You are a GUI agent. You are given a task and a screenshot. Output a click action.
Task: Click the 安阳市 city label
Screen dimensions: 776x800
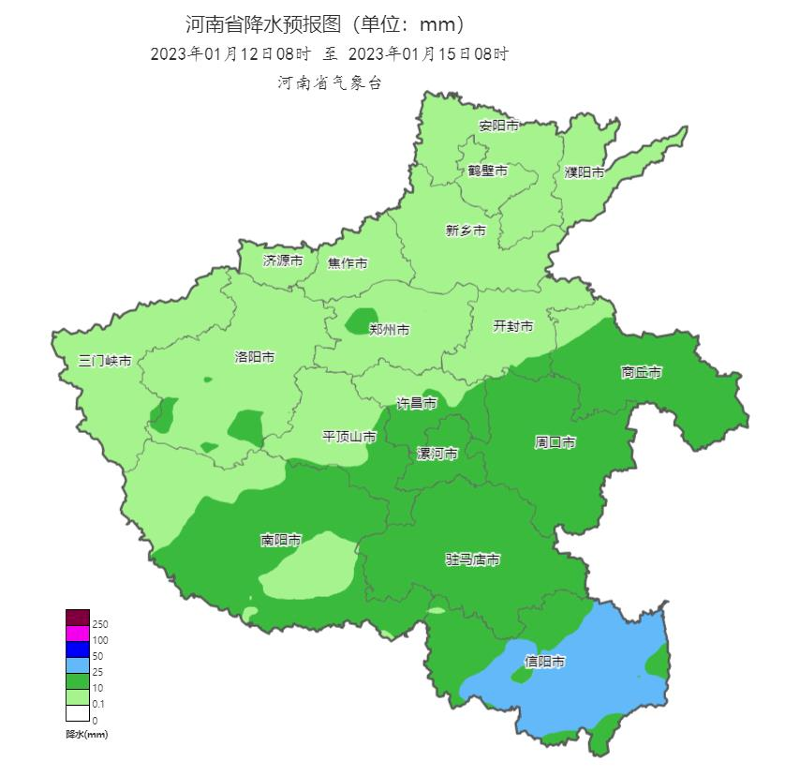tap(498, 126)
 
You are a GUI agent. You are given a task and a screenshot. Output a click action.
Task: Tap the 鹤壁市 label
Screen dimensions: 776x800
tap(488, 171)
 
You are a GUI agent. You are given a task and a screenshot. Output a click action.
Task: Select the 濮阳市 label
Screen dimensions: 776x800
tap(585, 172)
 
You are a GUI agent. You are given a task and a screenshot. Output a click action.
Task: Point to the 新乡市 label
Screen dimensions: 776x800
tap(466, 231)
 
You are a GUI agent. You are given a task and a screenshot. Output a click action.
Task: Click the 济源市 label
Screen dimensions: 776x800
tap(283, 261)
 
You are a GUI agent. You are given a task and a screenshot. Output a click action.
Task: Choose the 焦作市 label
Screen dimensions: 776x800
tap(348, 263)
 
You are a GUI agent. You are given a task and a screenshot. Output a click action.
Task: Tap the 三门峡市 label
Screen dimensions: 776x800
tap(105, 361)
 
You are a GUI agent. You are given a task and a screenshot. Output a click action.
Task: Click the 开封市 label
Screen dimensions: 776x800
tap(513, 326)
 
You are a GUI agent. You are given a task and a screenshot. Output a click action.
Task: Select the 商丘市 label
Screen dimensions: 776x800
tap(642, 372)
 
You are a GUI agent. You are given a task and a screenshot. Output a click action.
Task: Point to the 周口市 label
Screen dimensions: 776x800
tap(556, 441)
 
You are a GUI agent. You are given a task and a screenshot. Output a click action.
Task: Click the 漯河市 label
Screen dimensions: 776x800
tap(437, 454)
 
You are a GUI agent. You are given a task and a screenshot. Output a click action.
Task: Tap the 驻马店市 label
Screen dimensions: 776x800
tap(472, 560)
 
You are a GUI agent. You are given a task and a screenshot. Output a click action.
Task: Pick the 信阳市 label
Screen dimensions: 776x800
tap(544, 661)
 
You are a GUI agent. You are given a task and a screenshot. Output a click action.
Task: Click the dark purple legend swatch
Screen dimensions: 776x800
tap(77, 618)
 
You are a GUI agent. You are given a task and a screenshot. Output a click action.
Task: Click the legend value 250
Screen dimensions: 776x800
tap(101, 624)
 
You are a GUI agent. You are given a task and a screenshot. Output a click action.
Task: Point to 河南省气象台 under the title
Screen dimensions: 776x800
tap(329, 83)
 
